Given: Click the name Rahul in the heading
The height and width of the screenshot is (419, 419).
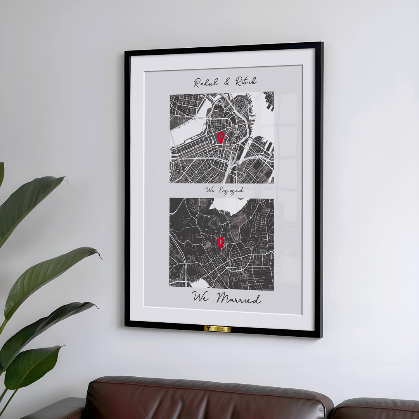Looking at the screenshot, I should [206, 82].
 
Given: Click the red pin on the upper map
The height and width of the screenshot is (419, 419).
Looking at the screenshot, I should [221, 137].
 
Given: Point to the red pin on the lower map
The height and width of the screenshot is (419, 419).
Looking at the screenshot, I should [221, 243].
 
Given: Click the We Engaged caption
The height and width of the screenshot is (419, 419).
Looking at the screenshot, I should [225, 190].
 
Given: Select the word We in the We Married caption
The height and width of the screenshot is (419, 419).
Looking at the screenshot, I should [201, 298].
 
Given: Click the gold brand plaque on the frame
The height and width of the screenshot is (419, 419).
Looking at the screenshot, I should [218, 329].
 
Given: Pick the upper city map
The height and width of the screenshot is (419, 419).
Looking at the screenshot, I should [222, 137].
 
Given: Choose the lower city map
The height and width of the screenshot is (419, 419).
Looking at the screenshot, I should [222, 244].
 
